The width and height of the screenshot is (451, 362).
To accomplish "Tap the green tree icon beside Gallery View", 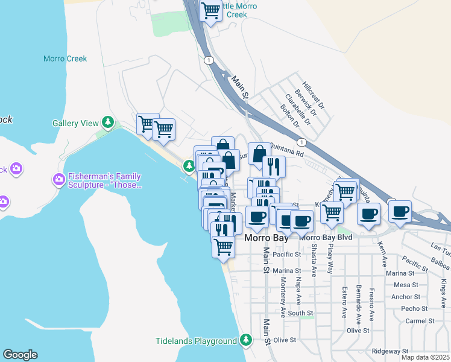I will [108, 122].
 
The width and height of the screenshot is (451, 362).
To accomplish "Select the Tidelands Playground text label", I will [196, 341].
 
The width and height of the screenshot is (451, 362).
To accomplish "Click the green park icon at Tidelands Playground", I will [245, 340].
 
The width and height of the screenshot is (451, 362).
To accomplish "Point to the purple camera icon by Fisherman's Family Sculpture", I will [59, 179].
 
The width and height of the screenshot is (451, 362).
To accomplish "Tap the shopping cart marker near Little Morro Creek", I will [211, 10].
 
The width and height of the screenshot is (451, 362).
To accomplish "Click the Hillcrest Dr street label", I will [314, 96].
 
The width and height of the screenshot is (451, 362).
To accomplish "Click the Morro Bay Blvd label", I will [326, 238].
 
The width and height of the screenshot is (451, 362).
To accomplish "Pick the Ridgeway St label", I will [389, 351].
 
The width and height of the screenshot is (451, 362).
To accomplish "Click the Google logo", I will [20, 355].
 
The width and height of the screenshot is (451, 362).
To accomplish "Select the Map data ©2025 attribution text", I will [425, 357].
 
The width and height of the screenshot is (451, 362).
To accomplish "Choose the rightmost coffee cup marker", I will [400, 212].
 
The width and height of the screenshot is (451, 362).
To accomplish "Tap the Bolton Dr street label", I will [290, 116].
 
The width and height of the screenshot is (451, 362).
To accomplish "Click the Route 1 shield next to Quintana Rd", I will [301, 142].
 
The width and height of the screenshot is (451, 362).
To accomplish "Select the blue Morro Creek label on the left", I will [65, 59].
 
